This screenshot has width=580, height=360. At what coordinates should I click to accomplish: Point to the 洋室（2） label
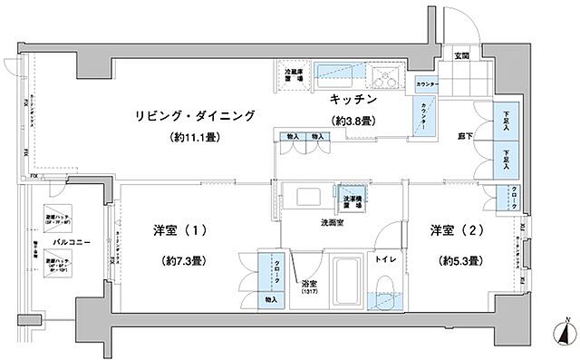[x=457, y=230]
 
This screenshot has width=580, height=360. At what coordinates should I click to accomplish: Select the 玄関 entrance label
[x=460, y=56]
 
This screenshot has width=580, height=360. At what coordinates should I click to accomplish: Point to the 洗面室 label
[x=333, y=222]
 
